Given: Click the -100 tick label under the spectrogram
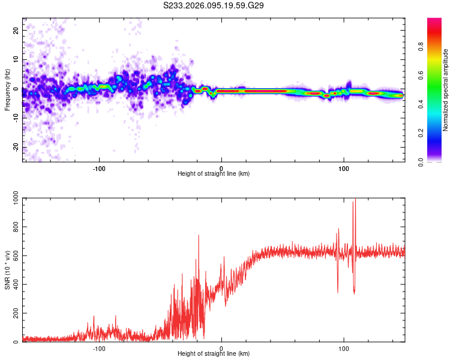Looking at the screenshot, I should [x=99, y=167].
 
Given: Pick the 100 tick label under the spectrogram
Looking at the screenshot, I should [x=344, y=167].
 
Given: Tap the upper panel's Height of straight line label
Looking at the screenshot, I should [x=214, y=173].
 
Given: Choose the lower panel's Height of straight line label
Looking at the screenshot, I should [x=214, y=354].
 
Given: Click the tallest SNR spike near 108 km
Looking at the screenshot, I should [x=355, y=200].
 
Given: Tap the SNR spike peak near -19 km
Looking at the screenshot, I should [x=199, y=235].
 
